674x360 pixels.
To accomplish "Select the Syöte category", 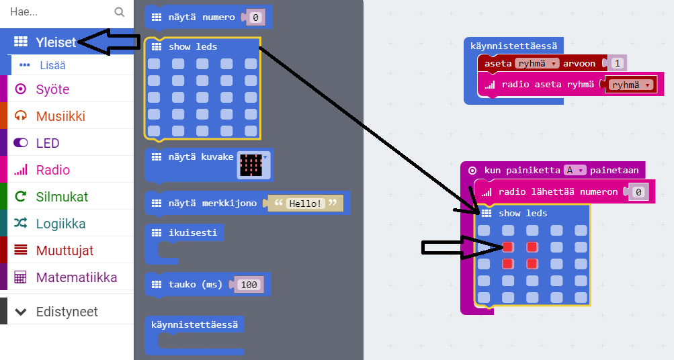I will (52, 89).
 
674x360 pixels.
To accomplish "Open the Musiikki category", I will (60, 116).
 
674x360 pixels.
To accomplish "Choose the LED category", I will (48, 143).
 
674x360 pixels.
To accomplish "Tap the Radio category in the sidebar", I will (53, 170).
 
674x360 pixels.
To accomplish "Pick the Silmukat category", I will (62, 197).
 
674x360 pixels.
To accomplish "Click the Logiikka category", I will (60, 224).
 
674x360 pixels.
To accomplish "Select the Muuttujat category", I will (65, 251).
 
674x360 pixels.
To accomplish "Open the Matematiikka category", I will (77, 277).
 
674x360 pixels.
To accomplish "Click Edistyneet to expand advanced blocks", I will (67, 312).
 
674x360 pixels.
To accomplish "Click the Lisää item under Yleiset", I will (52, 65).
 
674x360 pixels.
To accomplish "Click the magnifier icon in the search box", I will (119, 11).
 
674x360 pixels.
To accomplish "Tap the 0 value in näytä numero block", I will (255, 17).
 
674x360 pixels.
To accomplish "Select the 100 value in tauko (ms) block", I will (249, 285).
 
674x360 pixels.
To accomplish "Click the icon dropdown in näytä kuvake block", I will (254, 165).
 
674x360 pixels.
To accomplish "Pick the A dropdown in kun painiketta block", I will (575, 170).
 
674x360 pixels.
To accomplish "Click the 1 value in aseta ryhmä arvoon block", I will (618, 63).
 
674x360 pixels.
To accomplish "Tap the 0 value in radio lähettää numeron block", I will (638, 192).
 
